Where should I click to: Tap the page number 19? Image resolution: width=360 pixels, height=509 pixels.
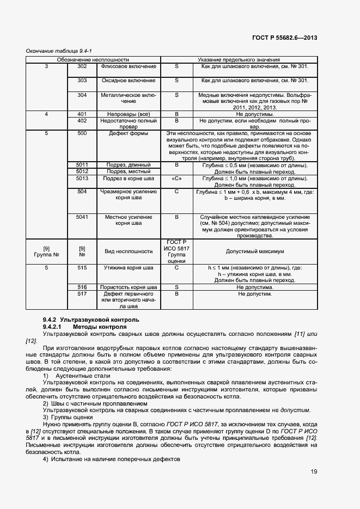coord(314,471)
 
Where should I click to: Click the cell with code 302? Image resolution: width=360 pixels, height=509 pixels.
coord(82,66)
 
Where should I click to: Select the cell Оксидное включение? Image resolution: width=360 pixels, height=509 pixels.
coord(129,81)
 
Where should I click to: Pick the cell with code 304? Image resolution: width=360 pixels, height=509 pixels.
coord(82,95)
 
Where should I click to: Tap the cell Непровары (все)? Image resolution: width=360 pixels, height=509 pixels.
coord(129,114)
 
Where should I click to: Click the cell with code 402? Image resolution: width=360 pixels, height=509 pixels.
coord(82,121)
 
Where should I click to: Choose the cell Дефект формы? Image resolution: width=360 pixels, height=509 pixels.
coord(129,133)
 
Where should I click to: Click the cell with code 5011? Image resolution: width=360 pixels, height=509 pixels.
coord(82,164)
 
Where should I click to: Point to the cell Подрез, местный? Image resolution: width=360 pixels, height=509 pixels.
coord(129,171)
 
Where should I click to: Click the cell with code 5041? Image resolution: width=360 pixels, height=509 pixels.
coord(82,217)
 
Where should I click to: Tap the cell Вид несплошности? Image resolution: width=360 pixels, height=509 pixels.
coord(129,252)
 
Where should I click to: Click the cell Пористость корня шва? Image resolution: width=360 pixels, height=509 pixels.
coord(129,287)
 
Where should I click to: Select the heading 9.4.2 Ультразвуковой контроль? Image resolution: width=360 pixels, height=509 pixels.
coord(91,319)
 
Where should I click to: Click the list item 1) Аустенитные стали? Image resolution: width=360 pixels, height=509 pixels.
coord(77,376)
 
